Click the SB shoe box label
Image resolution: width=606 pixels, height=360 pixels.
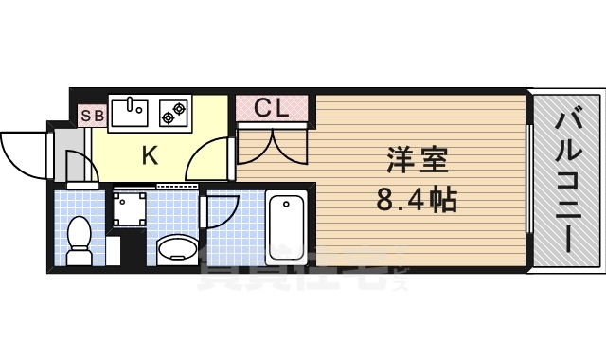[x=92, y=116]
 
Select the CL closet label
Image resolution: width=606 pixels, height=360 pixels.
[x=272, y=108]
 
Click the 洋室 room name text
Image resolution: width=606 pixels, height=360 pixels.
[x=416, y=161]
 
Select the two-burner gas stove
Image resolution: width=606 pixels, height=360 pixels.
[x=173, y=112]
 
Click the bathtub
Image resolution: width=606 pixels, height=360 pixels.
[x=285, y=227]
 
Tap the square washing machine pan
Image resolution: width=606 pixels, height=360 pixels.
[x=130, y=207]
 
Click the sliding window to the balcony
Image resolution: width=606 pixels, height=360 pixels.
[x=529, y=180]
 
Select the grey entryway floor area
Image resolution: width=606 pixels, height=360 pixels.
[x=72, y=154]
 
